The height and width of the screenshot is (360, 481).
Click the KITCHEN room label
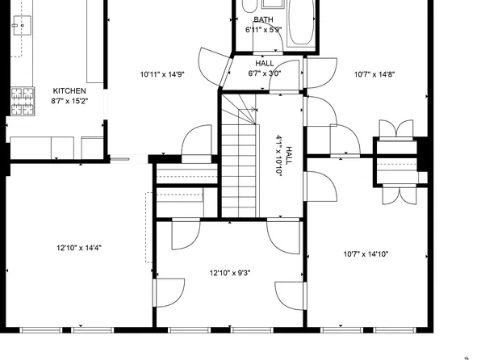pos(69,91)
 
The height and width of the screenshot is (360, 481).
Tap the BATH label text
pos(263,20)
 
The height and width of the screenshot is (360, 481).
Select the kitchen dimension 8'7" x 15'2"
pos(69,102)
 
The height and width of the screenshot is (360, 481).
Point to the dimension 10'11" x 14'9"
pos(162,74)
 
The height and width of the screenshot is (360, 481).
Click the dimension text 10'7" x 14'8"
pos(373,74)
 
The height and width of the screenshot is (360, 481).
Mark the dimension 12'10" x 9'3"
pos(230,273)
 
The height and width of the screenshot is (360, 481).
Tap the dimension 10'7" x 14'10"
pos(366,254)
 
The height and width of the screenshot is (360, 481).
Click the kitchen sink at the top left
pos(21,27)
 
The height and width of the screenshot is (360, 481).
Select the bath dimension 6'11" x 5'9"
pos(264,30)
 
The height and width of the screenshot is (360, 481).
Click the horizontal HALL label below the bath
pos(264,63)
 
